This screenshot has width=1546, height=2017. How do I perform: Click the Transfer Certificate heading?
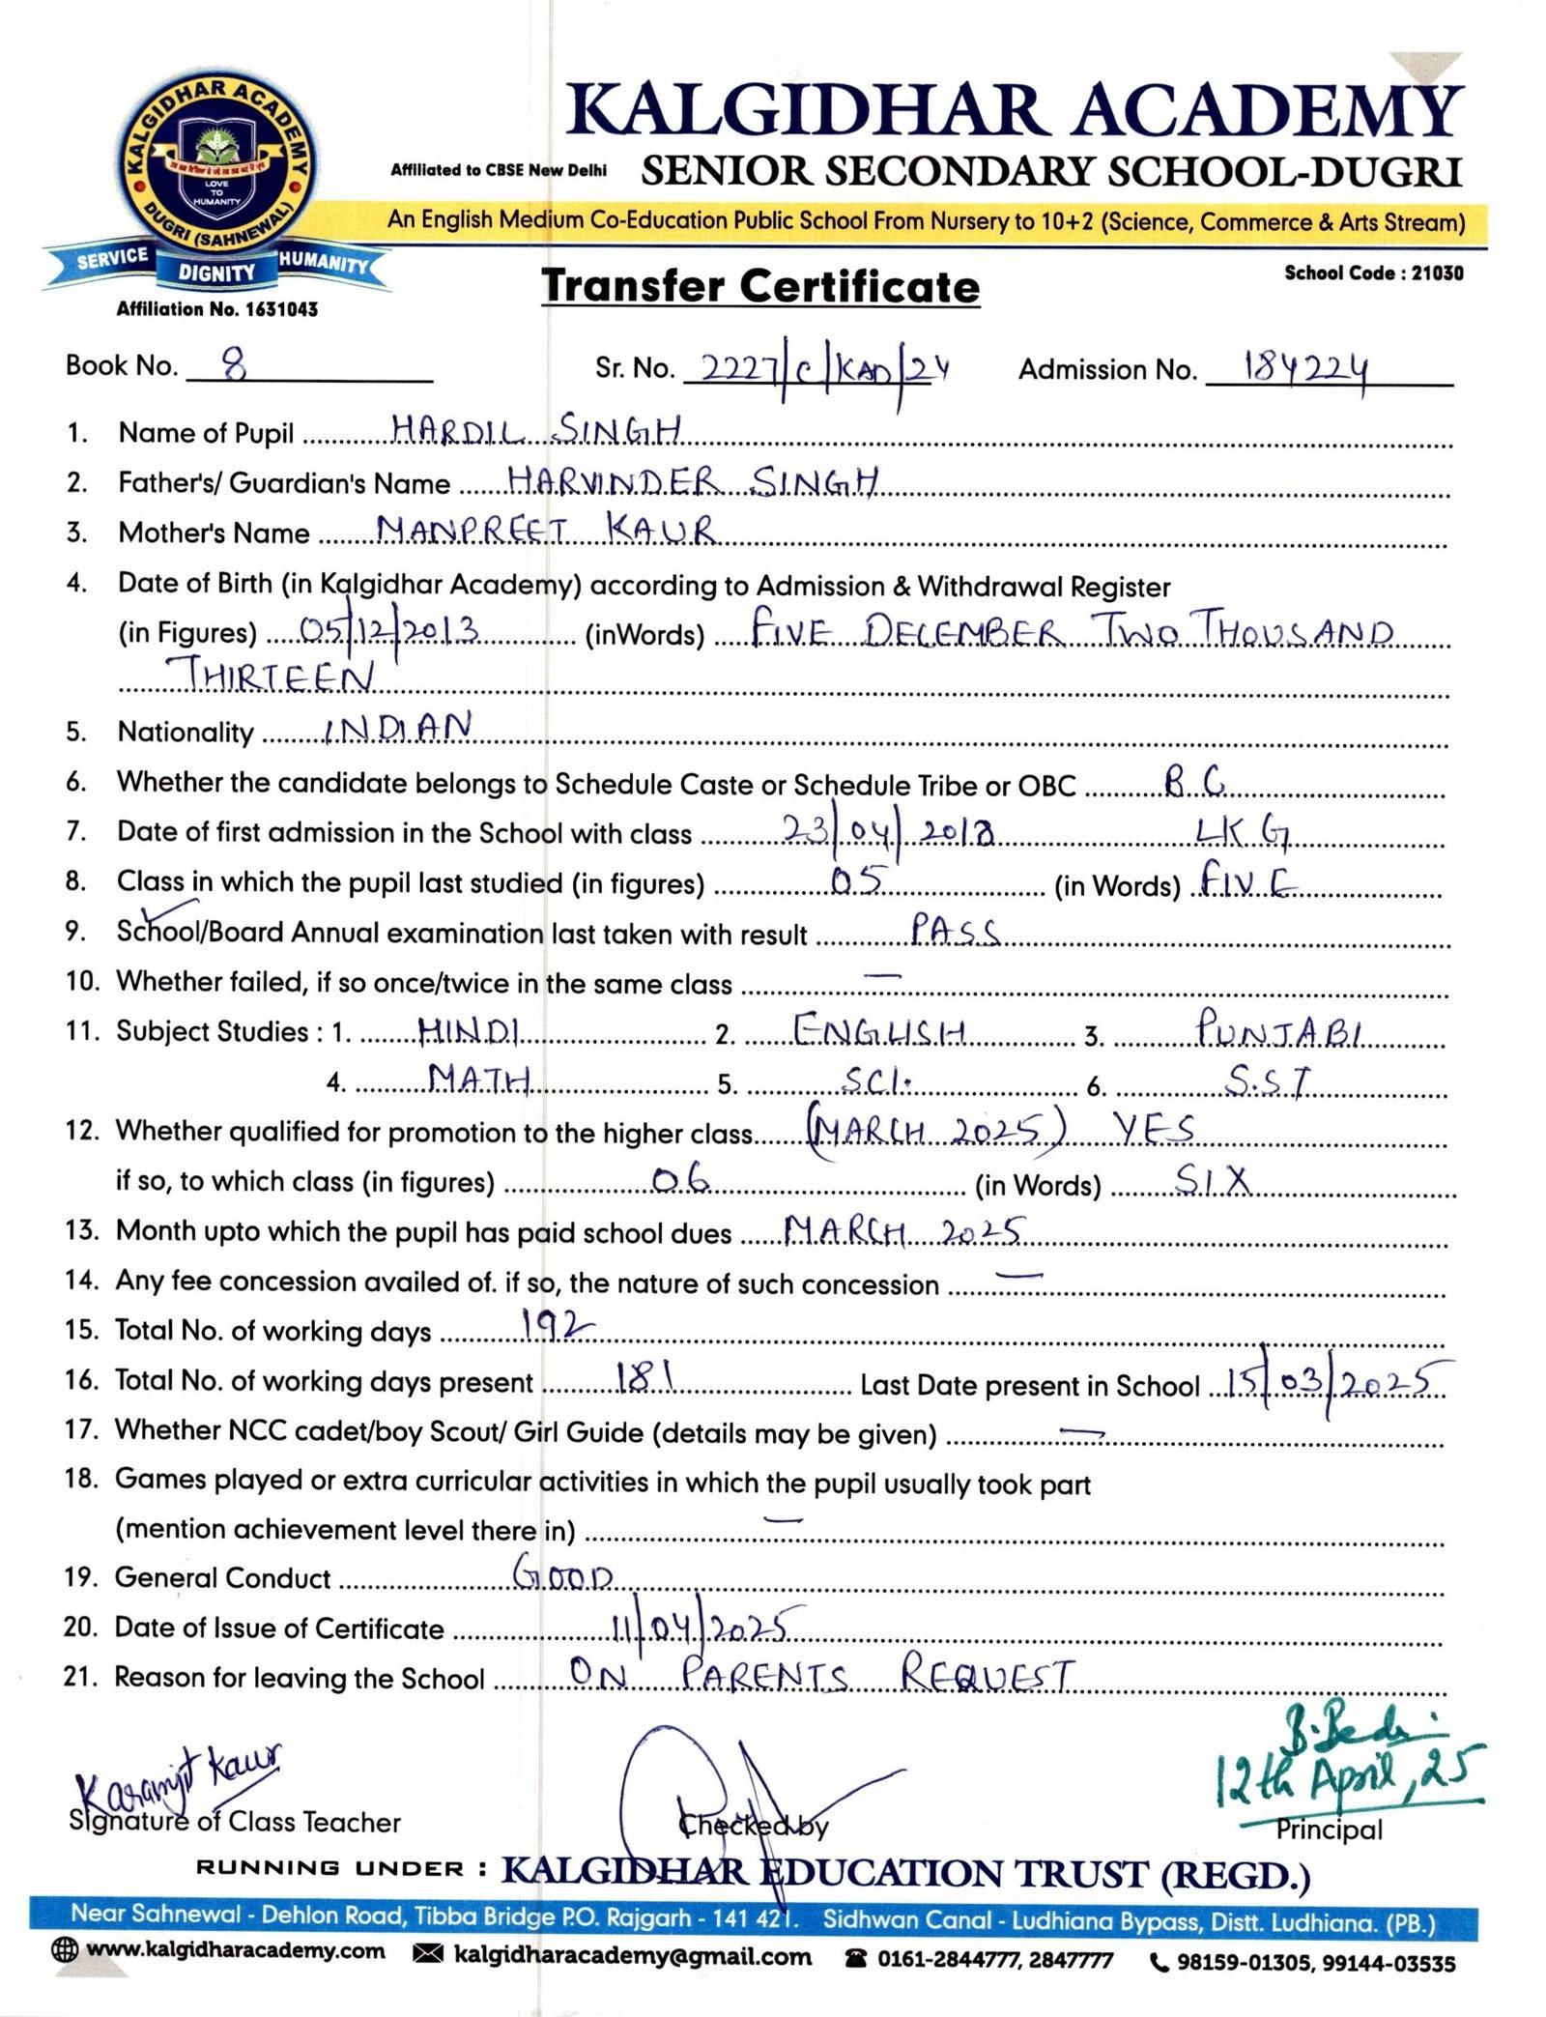tap(760, 286)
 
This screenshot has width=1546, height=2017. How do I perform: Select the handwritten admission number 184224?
tap(1306, 368)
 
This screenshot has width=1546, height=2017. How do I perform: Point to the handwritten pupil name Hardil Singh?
tap(536, 429)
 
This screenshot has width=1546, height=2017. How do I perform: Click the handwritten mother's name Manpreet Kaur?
tap(546, 529)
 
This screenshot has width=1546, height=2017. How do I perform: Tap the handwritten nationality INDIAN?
tap(397, 728)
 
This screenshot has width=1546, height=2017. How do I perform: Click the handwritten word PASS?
tap(955, 930)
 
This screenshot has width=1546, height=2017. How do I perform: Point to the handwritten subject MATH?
tap(479, 1078)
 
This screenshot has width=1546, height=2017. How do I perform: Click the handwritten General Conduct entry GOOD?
tap(562, 1573)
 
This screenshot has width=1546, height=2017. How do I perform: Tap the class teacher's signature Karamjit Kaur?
tap(179, 1776)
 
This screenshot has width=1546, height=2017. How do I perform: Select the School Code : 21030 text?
tap(1373, 274)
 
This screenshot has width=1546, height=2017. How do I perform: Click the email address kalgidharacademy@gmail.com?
tap(632, 1957)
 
